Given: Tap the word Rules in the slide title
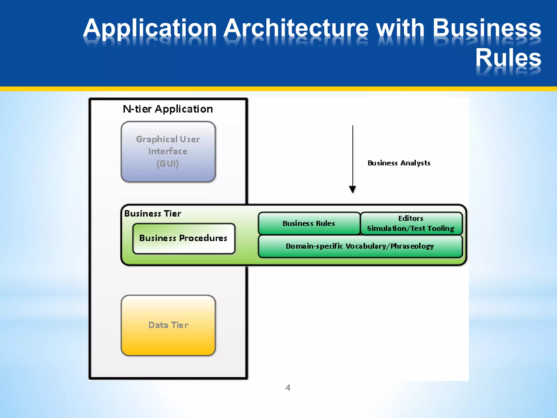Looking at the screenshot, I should [x=508, y=58].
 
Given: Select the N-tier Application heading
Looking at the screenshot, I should [x=168, y=109].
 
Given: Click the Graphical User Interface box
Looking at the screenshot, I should [x=168, y=152].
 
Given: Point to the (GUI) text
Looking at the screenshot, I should [x=168, y=164].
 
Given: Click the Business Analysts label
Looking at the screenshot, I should [x=399, y=163].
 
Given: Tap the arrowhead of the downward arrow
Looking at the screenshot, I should [x=352, y=189].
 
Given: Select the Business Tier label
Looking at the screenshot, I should [x=153, y=214].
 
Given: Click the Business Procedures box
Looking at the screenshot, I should [x=184, y=238].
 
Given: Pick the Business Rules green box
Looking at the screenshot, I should [x=309, y=223].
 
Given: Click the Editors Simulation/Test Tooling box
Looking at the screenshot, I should [x=411, y=223].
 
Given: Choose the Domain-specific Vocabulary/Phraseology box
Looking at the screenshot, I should [x=360, y=246].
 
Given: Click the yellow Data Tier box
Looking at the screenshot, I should [x=168, y=325].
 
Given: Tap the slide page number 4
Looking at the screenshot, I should [x=288, y=388].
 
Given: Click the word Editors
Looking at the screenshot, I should [x=411, y=219].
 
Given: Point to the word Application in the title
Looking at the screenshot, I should [x=150, y=29].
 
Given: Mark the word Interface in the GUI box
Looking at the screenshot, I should [x=168, y=151].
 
